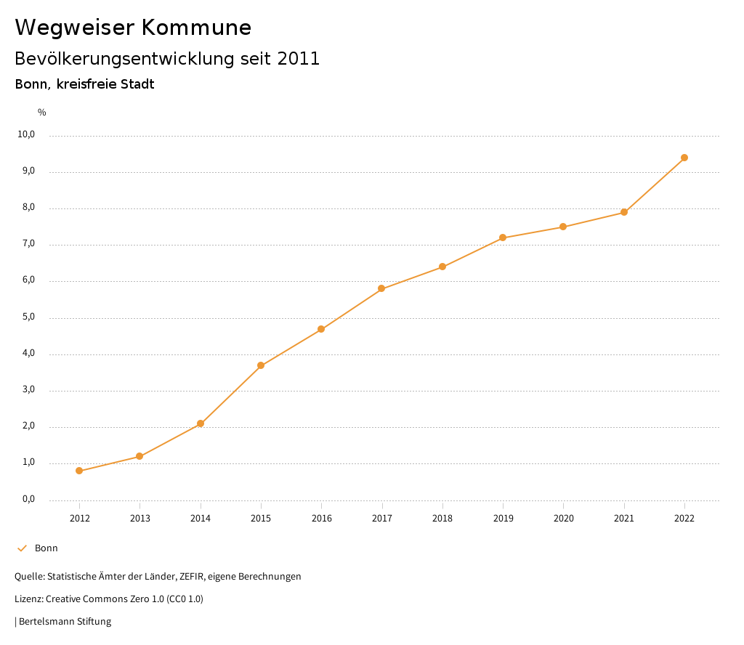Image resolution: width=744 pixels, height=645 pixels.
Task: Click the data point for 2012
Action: [79, 471]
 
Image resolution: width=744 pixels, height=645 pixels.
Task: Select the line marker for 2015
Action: [261, 365]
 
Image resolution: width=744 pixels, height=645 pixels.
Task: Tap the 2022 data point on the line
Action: [684, 158]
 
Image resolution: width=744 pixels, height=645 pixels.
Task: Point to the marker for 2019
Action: [503, 238]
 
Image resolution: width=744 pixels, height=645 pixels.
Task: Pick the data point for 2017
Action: [381, 289]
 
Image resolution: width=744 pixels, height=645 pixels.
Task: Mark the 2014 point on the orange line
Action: [201, 423]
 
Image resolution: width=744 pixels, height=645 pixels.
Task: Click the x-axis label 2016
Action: [321, 518]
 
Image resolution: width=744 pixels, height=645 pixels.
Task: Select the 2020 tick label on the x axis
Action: [563, 518]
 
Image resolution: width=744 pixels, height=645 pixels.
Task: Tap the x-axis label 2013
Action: [140, 518]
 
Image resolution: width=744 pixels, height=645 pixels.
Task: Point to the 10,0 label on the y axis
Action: [27, 134]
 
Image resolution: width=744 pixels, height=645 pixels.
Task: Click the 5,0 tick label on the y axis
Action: [28, 317]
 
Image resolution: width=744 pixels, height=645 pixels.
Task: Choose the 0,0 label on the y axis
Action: [28, 499]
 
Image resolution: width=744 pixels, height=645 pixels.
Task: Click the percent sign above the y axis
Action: [42, 113]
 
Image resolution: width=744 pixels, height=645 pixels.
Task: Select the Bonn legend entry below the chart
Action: [46, 548]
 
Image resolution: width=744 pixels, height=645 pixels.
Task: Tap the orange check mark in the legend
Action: [22, 548]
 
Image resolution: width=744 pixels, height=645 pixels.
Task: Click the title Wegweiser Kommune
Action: [133, 28]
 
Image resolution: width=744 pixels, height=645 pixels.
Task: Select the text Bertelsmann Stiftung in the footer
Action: [65, 622]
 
